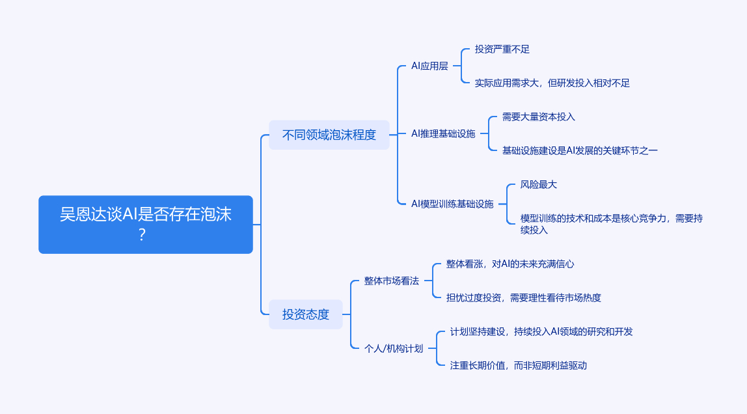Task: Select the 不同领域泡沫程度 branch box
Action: tap(329, 135)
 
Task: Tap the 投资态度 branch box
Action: tap(306, 314)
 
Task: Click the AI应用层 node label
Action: tap(429, 66)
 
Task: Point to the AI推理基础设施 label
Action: tap(443, 133)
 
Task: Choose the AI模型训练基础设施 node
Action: tap(452, 204)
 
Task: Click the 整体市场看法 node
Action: tap(392, 281)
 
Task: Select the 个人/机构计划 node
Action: tap(394, 348)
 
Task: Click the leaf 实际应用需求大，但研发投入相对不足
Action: tap(552, 83)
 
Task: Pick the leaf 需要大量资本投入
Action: tap(538, 117)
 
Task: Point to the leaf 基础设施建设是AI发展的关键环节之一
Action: tap(580, 150)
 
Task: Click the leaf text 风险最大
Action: tap(538, 184)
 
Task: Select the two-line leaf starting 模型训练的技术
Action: tap(611, 224)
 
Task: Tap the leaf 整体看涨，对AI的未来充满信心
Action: tap(509, 264)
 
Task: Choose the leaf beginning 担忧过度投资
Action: tap(523, 297)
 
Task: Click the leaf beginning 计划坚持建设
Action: tap(541, 331)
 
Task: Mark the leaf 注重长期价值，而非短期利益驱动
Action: tap(518, 365)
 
